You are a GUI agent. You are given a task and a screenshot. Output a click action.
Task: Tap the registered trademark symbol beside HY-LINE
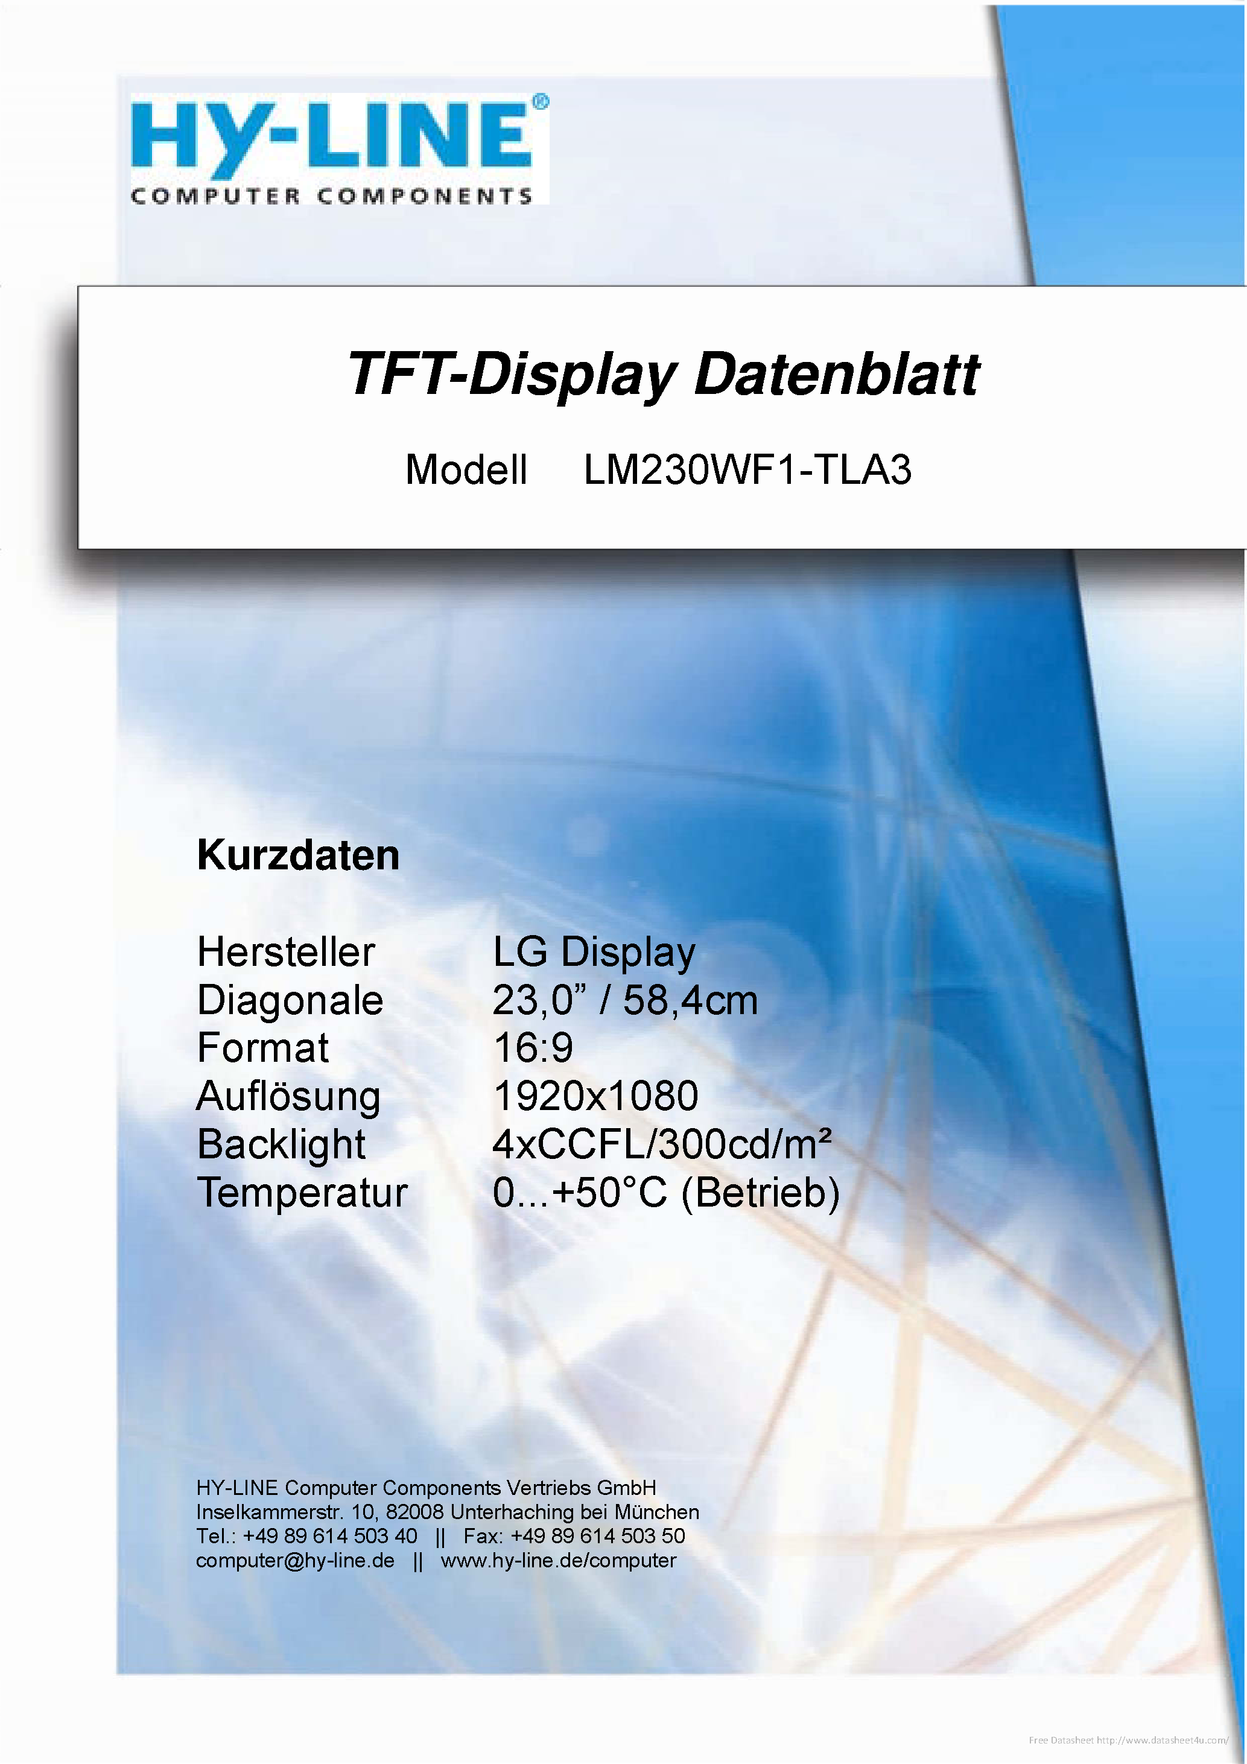pos(541,102)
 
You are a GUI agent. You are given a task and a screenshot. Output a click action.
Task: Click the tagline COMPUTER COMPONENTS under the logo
pos(332,197)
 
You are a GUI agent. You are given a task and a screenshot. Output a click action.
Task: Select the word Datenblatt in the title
pos(837,374)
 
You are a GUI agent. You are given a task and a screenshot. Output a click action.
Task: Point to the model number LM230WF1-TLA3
pos(747,469)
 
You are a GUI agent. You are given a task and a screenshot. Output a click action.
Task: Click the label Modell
pos(466,469)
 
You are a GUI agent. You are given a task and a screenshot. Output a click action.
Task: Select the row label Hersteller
pos(286,953)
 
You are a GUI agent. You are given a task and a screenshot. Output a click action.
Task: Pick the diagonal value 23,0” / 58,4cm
pos(624,1001)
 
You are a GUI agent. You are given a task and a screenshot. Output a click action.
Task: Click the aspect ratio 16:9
pos(533,1049)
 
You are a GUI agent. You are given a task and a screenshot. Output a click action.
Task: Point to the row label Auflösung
pos(289,1097)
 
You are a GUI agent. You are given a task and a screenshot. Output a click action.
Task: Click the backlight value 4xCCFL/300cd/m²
pos(662,1145)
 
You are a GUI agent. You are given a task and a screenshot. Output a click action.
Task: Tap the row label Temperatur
pos(303,1194)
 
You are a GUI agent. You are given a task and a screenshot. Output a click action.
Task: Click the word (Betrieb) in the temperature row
pos(760,1194)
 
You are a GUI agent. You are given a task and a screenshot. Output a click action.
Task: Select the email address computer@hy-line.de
pos(295,1561)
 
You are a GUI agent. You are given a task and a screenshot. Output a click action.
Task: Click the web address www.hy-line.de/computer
pos(559,1561)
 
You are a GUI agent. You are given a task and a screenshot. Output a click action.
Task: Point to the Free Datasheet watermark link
pos(1128,1740)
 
